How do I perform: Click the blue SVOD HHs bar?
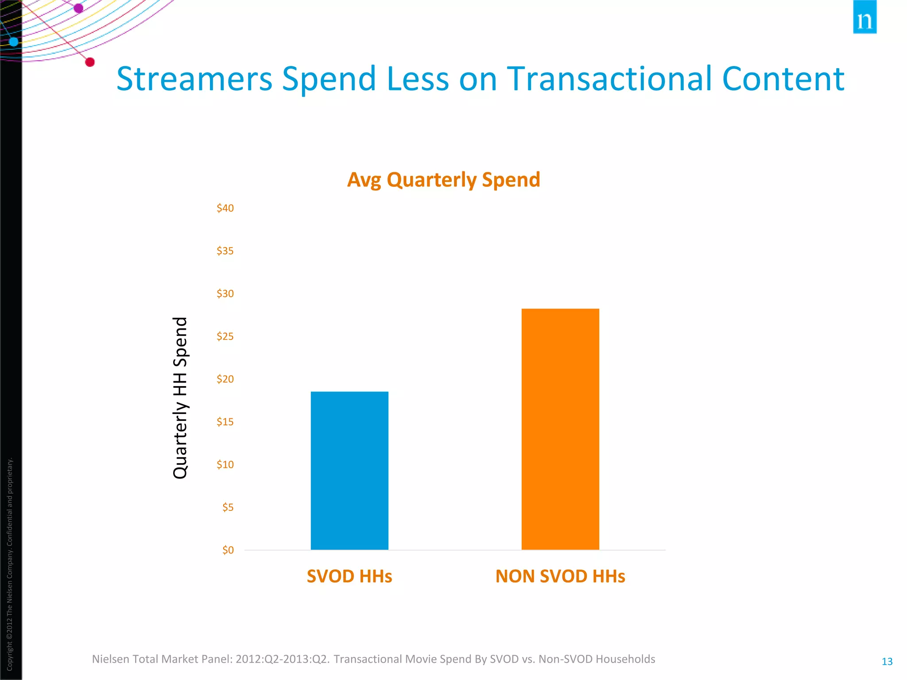pyautogui.click(x=349, y=470)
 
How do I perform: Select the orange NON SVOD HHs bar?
pyautogui.click(x=560, y=429)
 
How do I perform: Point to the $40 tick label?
pyautogui.click(x=225, y=208)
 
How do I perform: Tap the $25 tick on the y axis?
pyautogui.click(x=225, y=336)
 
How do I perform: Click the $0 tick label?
pyautogui.click(x=228, y=550)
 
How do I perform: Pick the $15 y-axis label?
pyautogui.click(x=225, y=422)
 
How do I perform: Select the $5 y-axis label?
pyautogui.click(x=228, y=507)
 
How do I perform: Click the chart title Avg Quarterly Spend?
pyautogui.click(x=443, y=180)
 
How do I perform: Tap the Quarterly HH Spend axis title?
pyautogui.click(x=180, y=398)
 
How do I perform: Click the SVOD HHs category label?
pyautogui.click(x=349, y=576)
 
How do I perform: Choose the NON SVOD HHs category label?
pyautogui.click(x=560, y=576)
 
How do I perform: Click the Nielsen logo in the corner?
pyautogui.click(x=864, y=18)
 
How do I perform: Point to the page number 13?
pyautogui.click(x=887, y=661)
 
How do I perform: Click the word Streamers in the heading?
pyautogui.click(x=194, y=79)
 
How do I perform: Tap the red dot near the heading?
pyautogui.click(x=90, y=62)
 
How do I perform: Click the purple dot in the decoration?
pyautogui.click(x=78, y=8)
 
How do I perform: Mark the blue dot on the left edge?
pyautogui.click(x=14, y=42)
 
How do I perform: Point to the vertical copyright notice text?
pyautogui.click(x=10, y=564)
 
